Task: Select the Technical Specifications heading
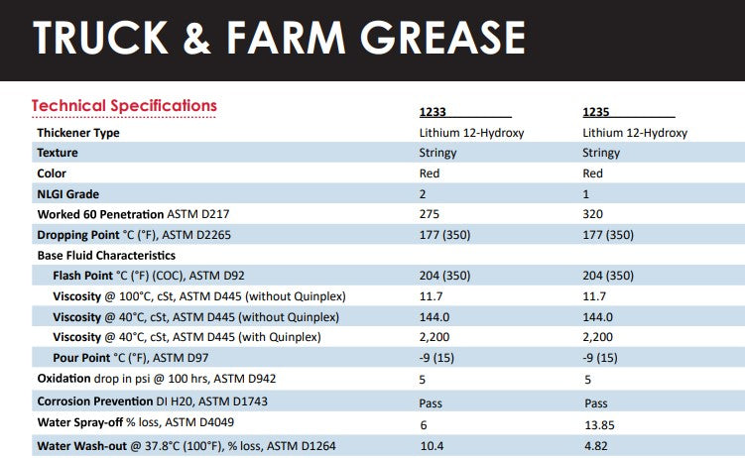[124, 105]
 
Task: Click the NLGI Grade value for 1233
[423, 194]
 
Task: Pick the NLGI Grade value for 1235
[586, 194]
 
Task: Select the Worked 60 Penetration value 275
[430, 214]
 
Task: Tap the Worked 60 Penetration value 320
[593, 214]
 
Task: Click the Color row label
[53, 173]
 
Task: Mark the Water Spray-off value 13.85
[598, 425]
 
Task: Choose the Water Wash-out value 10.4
[432, 446]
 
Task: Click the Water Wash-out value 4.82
[595, 446]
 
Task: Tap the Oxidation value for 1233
[423, 380]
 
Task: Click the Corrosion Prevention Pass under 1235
[595, 403]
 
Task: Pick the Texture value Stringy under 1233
[437, 153]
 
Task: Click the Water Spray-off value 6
[423, 425]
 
